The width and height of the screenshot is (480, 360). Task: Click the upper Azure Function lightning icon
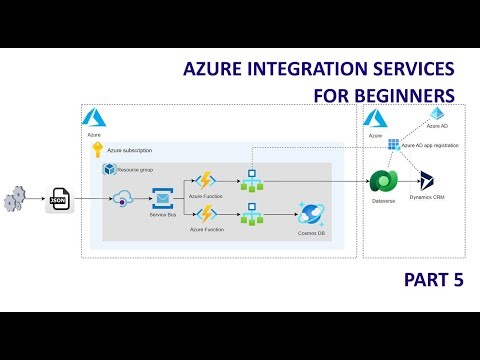(x=207, y=181)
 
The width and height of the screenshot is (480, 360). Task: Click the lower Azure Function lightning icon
(x=207, y=214)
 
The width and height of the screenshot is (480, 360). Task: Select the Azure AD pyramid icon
(x=435, y=114)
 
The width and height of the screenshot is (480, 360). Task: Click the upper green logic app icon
(x=251, y=181)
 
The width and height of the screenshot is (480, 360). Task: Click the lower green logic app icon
(x=251, y=214)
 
